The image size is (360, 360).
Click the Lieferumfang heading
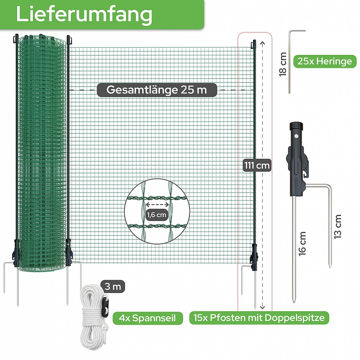coord(84,14)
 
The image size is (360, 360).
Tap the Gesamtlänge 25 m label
coord(157,90)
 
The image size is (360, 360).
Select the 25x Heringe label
coord(325,61)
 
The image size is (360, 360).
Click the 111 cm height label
coord(257,165)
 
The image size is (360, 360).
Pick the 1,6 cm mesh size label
coord(157,214)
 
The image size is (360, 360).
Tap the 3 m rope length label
coord(113,286)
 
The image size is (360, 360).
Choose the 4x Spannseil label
coord(147,318)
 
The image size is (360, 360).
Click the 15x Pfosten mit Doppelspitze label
coord(259,318)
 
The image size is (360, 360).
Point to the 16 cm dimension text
coord(302,244)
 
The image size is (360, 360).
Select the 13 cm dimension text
coord(338,227)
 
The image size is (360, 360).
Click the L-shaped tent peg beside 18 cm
coord(290,61)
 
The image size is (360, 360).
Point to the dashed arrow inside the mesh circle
coord(158,205)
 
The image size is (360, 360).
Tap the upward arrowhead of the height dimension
coord(263,43)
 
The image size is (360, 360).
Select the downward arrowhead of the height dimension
coord(263,307)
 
